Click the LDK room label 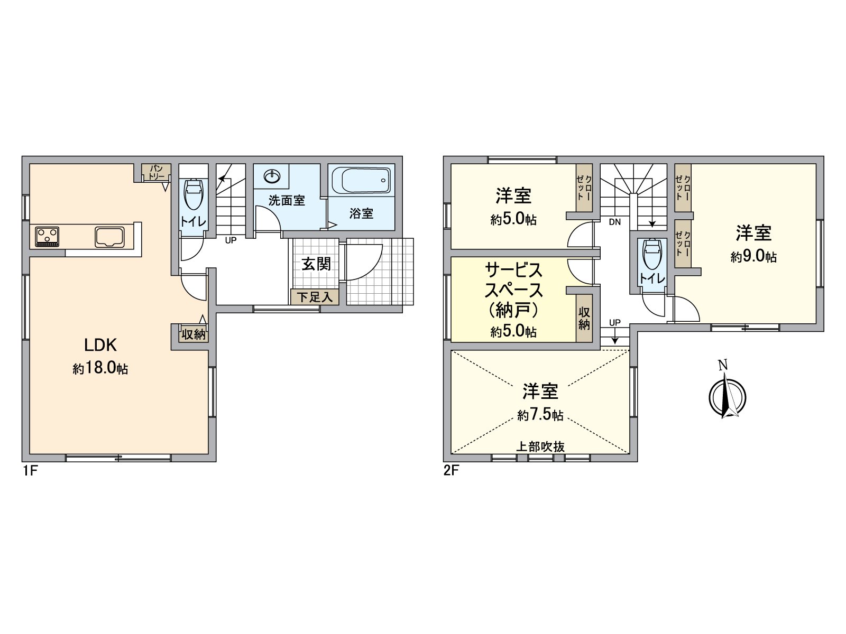pyautogui.click(x=100, y=346)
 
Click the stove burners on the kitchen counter pyautogui.click(x=48, y=236)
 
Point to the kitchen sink pyautogui.click(x=110, y=236)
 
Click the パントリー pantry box pyautogui.click(x=157, y=172)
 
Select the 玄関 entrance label pyautogui.click(x=316, y=264)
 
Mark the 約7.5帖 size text pyautogui.click(x=540, y=416)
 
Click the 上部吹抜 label pyautogui.click(x=540, y=447)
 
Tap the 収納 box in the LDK pyautogui.click(x=194, y=334)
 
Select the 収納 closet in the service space pyautogui.click(x=584, y=318)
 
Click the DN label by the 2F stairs pyautogui.click(x=614, y=222)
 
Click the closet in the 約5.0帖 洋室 pyautogui.click(x=584, y=187)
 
